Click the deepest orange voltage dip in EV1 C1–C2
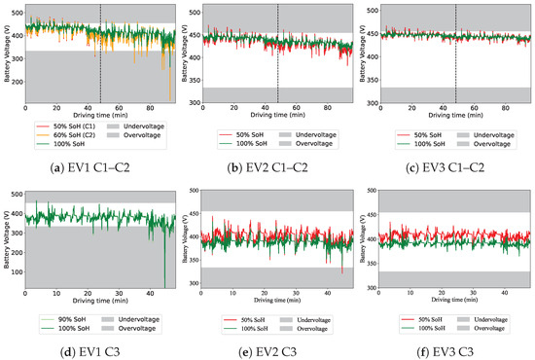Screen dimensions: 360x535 point(169,97)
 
